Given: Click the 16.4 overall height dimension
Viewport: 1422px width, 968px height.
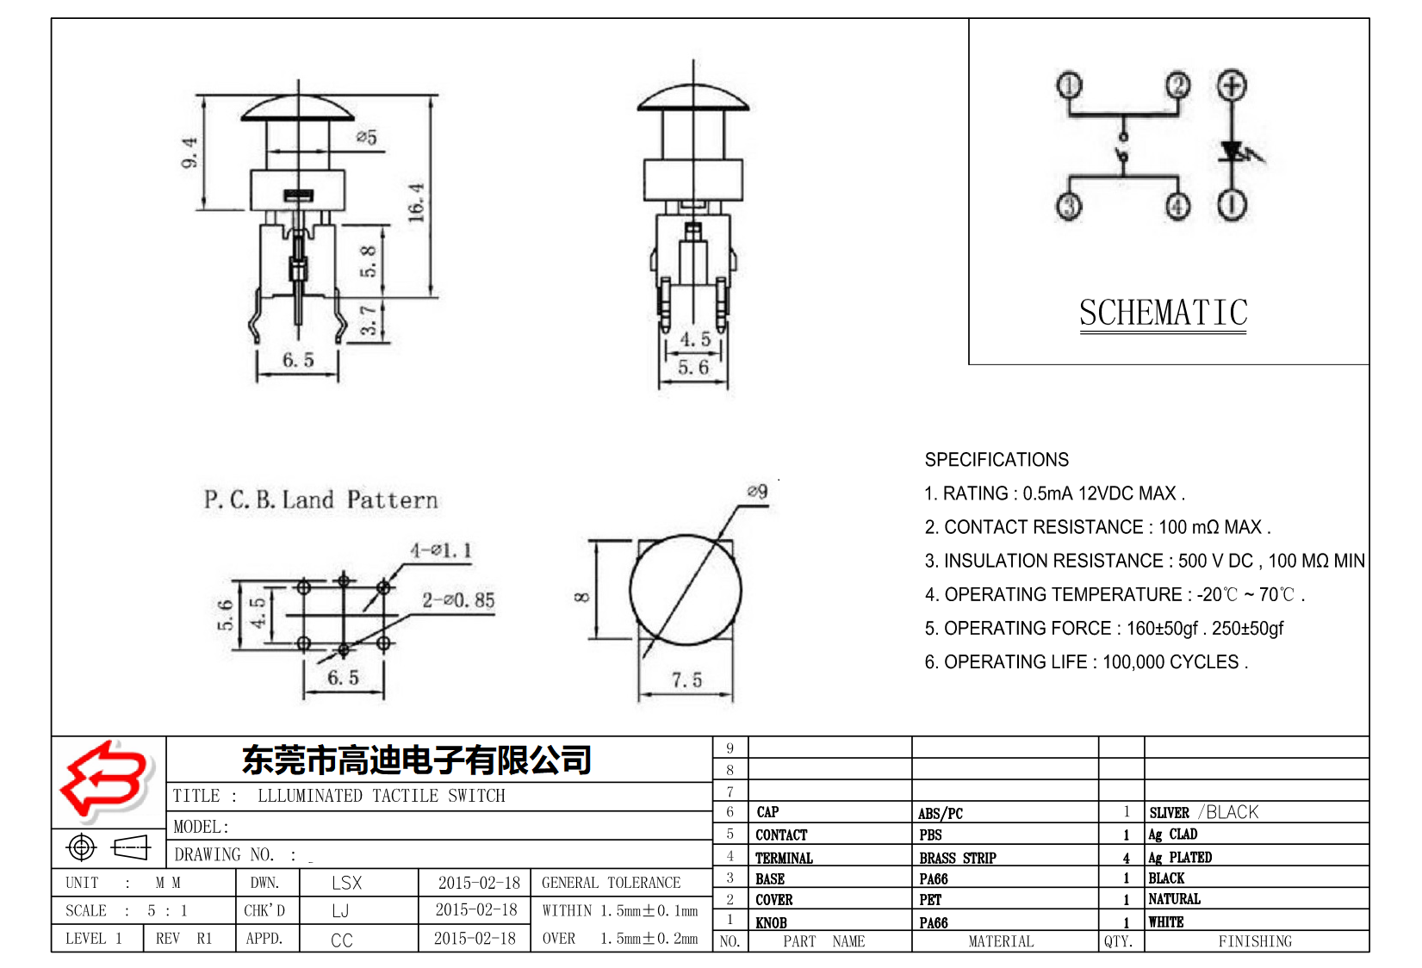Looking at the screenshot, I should (417, 202).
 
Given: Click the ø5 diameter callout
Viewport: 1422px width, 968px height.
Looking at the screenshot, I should (367, 138).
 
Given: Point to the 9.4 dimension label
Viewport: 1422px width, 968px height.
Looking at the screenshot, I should (190, 152).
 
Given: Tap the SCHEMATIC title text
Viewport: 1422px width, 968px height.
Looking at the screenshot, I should (1163, 313).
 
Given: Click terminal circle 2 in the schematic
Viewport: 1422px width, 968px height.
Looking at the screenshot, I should (1177, 85).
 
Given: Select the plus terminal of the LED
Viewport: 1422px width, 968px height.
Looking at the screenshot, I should (1232, 85).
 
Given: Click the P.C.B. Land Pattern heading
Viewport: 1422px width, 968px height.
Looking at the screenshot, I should (320, 500).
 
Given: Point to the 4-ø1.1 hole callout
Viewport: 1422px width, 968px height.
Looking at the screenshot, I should (441, 550).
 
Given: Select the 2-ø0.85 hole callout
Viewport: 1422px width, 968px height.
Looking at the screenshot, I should (458, 600).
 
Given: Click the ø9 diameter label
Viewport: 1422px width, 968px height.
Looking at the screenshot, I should (757, 491).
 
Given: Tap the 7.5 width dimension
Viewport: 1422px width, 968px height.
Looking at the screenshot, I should (686, 680).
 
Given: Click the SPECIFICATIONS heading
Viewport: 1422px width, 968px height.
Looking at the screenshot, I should (997, 460).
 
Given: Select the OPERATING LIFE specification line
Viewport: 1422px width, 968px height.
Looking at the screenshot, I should (1085, 662).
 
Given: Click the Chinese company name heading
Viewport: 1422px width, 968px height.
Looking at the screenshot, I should (416, 760).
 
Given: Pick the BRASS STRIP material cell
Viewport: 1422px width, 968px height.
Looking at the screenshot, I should (957, 858).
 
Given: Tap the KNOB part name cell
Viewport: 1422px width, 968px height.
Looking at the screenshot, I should (771, 922).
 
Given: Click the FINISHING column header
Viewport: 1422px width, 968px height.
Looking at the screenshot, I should (1254, 941).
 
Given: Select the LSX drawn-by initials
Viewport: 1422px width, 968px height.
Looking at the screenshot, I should (346, 883).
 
